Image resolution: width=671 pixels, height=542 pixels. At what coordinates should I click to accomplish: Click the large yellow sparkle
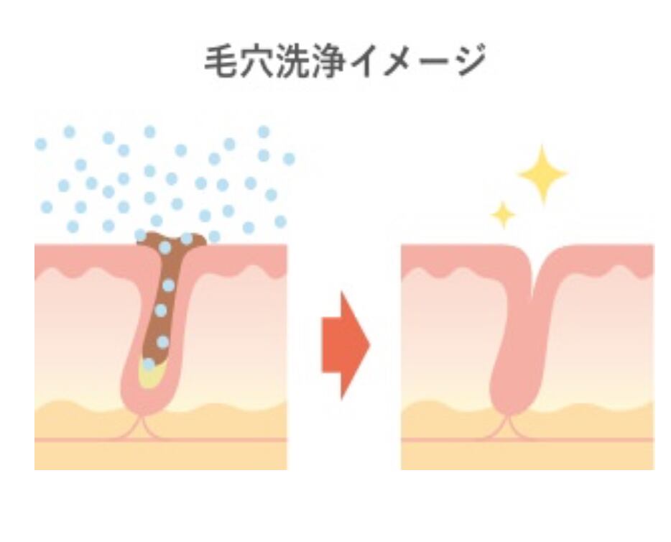542,174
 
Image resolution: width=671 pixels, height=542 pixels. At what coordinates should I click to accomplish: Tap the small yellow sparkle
503,213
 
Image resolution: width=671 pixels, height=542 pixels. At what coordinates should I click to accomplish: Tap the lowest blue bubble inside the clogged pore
148,364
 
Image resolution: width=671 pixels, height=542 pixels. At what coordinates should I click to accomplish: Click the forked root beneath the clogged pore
144,427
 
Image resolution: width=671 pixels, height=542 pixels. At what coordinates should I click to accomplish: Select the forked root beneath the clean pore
511,427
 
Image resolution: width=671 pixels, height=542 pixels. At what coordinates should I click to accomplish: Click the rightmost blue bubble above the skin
289,159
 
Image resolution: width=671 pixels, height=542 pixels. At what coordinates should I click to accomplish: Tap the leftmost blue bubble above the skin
41,144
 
